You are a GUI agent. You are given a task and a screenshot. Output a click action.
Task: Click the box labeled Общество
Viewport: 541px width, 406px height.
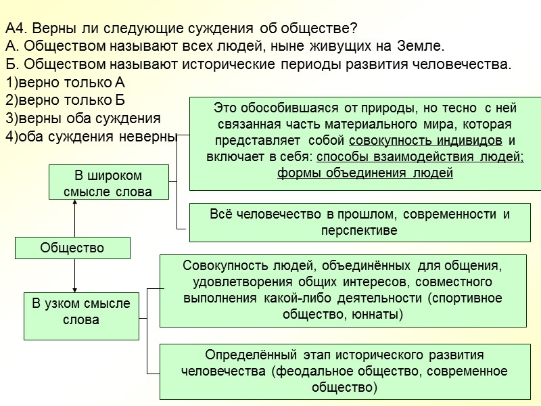click(72, 248)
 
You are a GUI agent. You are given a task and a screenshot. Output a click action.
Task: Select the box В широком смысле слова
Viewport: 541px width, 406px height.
click(108, 183)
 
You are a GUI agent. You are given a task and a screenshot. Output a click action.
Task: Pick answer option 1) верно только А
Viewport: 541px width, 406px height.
click(65, 83)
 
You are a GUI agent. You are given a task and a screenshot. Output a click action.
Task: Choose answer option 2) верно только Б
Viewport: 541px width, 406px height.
click(65, 100)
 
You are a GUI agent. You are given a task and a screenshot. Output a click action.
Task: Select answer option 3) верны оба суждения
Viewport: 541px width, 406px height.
click(82, 118)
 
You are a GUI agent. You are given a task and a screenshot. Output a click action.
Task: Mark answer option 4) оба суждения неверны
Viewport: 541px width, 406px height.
click(90, 135)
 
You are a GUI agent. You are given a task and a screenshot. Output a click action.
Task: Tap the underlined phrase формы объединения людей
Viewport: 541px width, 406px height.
click(365, 172)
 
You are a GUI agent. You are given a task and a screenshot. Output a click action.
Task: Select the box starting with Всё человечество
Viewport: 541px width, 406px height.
click(358, 223)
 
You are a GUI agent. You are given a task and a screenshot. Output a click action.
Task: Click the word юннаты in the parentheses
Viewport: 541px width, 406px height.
click(376, 314)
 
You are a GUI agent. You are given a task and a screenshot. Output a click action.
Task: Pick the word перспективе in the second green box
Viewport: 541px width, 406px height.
click(358, 231)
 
